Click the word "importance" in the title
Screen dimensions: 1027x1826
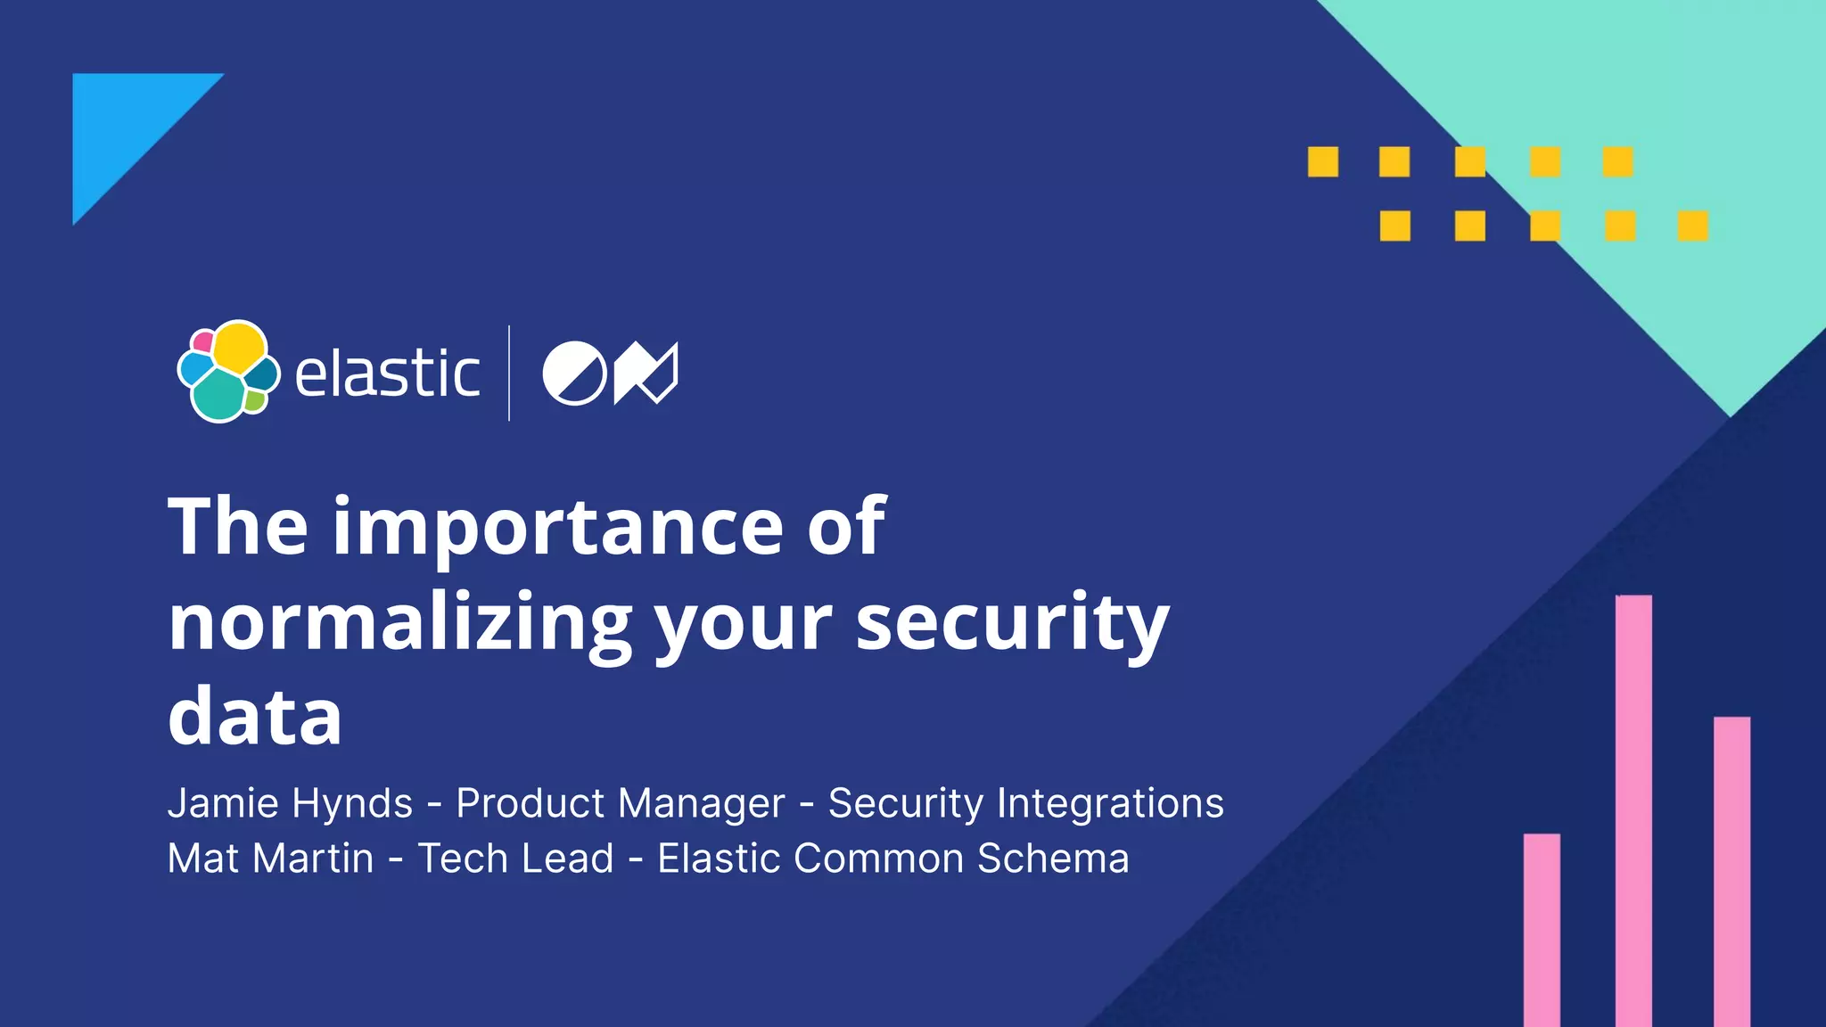tap(559, 528)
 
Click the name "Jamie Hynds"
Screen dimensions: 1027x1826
tap(290, 803)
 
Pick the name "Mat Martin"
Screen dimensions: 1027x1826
tap(270, 859)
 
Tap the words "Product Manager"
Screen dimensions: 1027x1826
tap(621, 803)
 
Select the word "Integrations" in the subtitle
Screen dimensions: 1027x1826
tap(1110, 803)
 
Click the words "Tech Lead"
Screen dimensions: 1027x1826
tap(515, 859)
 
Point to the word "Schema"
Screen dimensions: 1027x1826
tap(1053, 859)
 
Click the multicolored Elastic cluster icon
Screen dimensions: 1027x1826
tap(228, 371)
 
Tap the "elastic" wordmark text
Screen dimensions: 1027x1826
tap(387, 374)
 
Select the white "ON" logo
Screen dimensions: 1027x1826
tap(610, 373)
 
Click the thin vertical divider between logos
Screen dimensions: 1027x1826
tap(509, 373)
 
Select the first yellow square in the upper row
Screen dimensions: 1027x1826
tap(1323, 162)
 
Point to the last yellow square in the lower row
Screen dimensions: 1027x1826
tap(1692, 226)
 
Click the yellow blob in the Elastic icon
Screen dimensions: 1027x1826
tap(239, 348)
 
